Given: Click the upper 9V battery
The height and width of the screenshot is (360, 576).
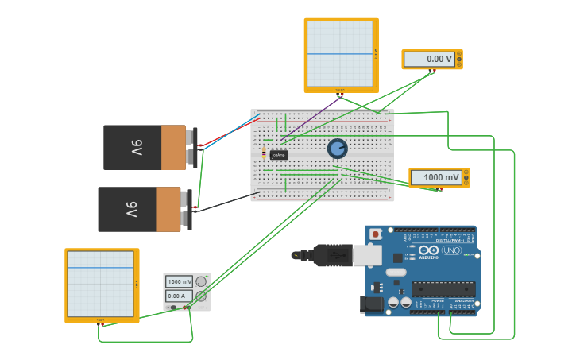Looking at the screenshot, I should tap(147, 148).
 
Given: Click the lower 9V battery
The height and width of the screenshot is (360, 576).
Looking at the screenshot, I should tap(141, 209).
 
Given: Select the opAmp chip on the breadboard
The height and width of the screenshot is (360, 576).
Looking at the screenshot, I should tap(279, 155).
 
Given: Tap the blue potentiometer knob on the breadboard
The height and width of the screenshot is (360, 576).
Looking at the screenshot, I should tap(338, 149).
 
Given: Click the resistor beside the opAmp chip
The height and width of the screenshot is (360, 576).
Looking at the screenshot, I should tap(264, 153).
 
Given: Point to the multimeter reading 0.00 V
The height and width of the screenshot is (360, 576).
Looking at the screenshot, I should tap(431, 60).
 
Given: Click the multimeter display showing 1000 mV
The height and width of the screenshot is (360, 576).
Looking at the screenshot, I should tap(439, 177).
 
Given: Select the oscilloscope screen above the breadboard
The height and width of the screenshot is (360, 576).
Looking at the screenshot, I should tap(340, 54).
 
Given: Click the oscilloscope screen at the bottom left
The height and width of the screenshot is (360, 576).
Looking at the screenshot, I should tap(101, 285).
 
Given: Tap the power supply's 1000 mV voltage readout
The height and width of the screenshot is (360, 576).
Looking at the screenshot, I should tap(179, 282).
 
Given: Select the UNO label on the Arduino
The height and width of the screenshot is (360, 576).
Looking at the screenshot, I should tap(450, 250).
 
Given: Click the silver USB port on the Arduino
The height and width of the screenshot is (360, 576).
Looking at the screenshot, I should tap(368, 255).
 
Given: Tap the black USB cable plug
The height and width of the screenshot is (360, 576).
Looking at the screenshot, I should tap(333, 255).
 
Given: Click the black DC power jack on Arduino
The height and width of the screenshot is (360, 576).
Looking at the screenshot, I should tap(372, 304).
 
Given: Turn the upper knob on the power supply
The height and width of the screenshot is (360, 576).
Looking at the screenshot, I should tap(201, 281).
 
